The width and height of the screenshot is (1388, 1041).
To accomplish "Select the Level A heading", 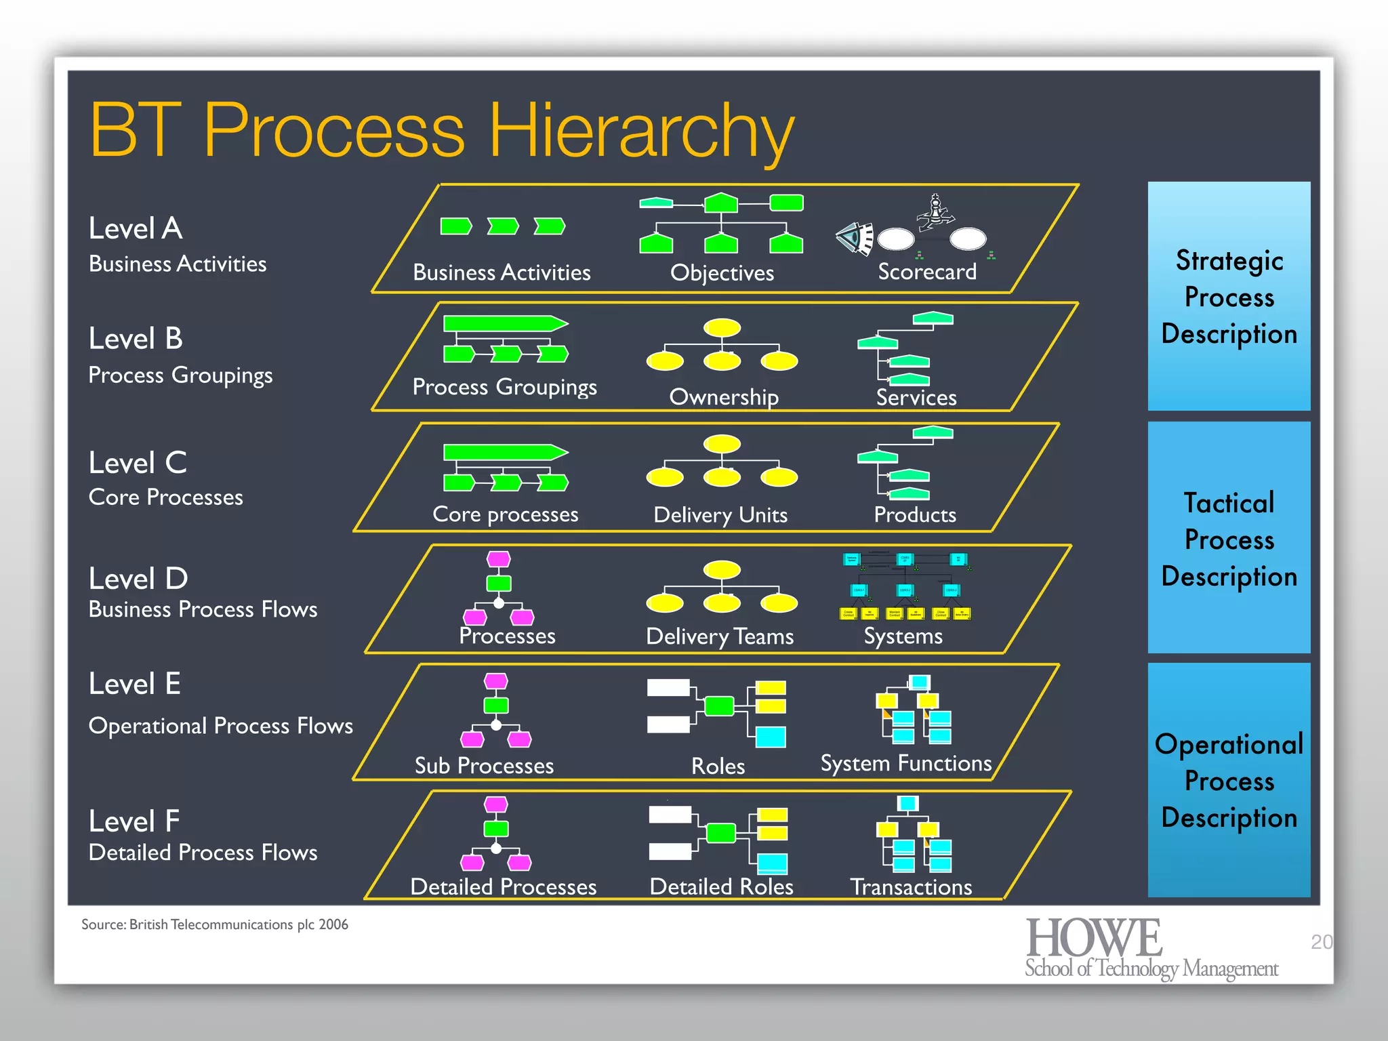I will click(x=136, y=228).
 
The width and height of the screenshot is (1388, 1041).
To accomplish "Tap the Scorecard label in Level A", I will click(x=926, y=272).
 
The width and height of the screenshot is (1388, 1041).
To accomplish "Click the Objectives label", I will click(x=722, y=272).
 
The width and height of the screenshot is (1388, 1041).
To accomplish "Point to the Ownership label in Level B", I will click(x=723, y=397).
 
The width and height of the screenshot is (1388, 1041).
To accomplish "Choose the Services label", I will click(x=916, y=397).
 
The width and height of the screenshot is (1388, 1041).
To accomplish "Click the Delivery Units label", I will click(x=720, y=515).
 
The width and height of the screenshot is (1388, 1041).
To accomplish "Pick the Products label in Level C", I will click(x=914, y=514).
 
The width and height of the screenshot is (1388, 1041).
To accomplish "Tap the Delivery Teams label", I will click(x=719, y=636).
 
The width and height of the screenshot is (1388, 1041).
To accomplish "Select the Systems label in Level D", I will click(x=903, y=636).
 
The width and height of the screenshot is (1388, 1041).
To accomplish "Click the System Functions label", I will click(x=905, y=763).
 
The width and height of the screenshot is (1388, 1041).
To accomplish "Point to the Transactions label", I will click(x=911, y=886).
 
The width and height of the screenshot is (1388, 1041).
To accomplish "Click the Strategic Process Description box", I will click(x=1229, y=296).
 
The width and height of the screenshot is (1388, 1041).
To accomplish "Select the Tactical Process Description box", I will click(x=1229, y=539).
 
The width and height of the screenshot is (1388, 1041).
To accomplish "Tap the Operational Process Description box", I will click(x=1229, y=781).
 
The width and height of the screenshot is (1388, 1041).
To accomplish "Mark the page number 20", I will click(x=1321, y=941).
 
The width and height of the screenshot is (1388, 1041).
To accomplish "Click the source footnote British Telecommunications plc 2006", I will click(x=215, y=924).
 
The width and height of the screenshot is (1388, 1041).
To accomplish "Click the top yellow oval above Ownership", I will click(x=722, y=327).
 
